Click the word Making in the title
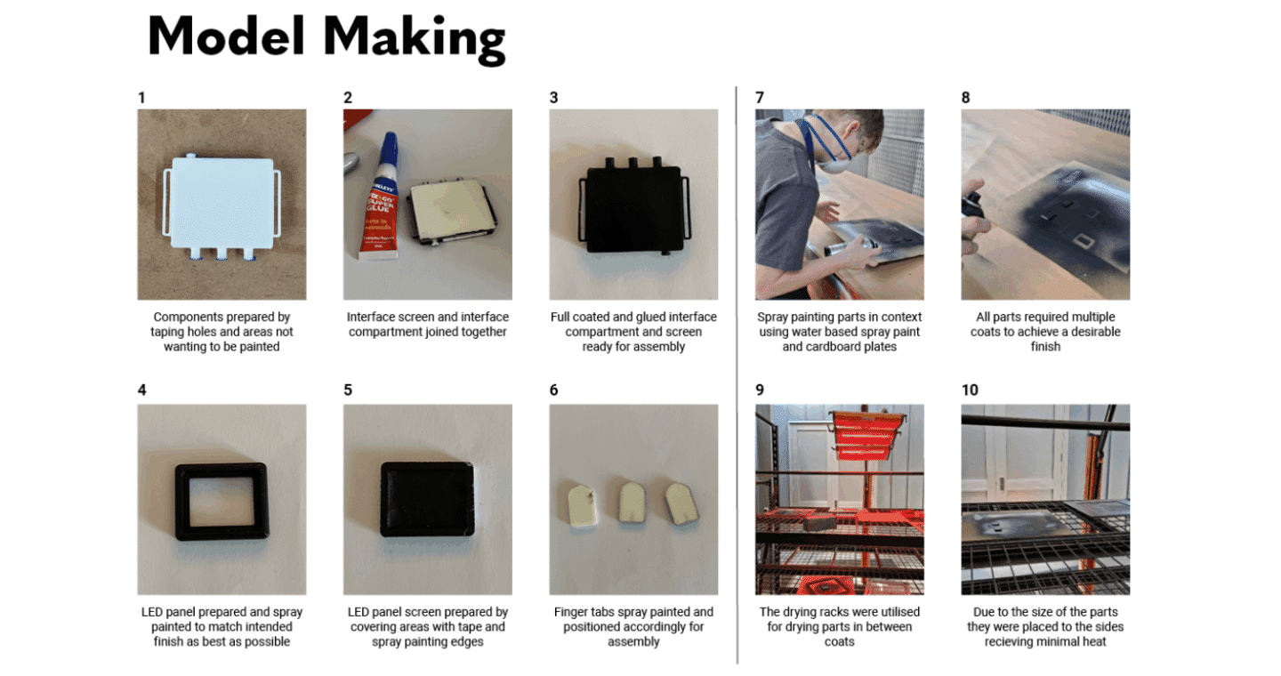[x=414, y=38]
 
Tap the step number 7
[x=760, y=98]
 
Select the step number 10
[x=970, y=390]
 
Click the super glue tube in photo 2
[x=379, y=197]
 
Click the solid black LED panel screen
[x=427, y=499]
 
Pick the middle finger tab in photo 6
[x=632, y=503]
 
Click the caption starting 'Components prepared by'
[x=222, y=332]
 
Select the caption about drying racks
[x=840, y=627]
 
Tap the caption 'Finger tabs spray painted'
[x=633, y=627]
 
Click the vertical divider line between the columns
[x=737, y=375]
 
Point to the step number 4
[x=141, y=390]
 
